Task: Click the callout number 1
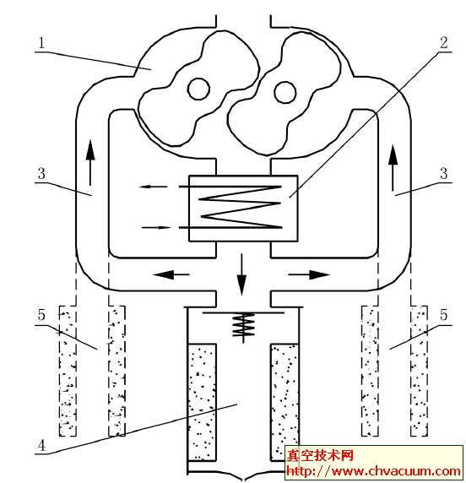[x=41, y=43]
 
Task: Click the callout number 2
[x=444, y=43]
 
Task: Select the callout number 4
[x=41, y=446]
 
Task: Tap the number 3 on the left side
[x=41, y=173]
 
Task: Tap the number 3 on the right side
[x=444, y=173]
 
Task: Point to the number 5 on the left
[x=41, y=315]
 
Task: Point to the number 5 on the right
[x=444, y=315]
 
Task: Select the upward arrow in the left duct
[x=90, y=163]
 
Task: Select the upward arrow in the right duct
[x=393, y=168]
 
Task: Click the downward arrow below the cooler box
[x=241, y=274]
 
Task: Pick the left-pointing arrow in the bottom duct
[x=171, y=274]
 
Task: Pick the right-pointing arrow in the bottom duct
[x=309, y=274]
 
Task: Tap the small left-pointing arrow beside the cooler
[x=154, y=187]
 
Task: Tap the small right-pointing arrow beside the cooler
[x=156, y=228]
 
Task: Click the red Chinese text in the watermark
[x=320, y=456]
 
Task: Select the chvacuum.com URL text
[x=374, y=471]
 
